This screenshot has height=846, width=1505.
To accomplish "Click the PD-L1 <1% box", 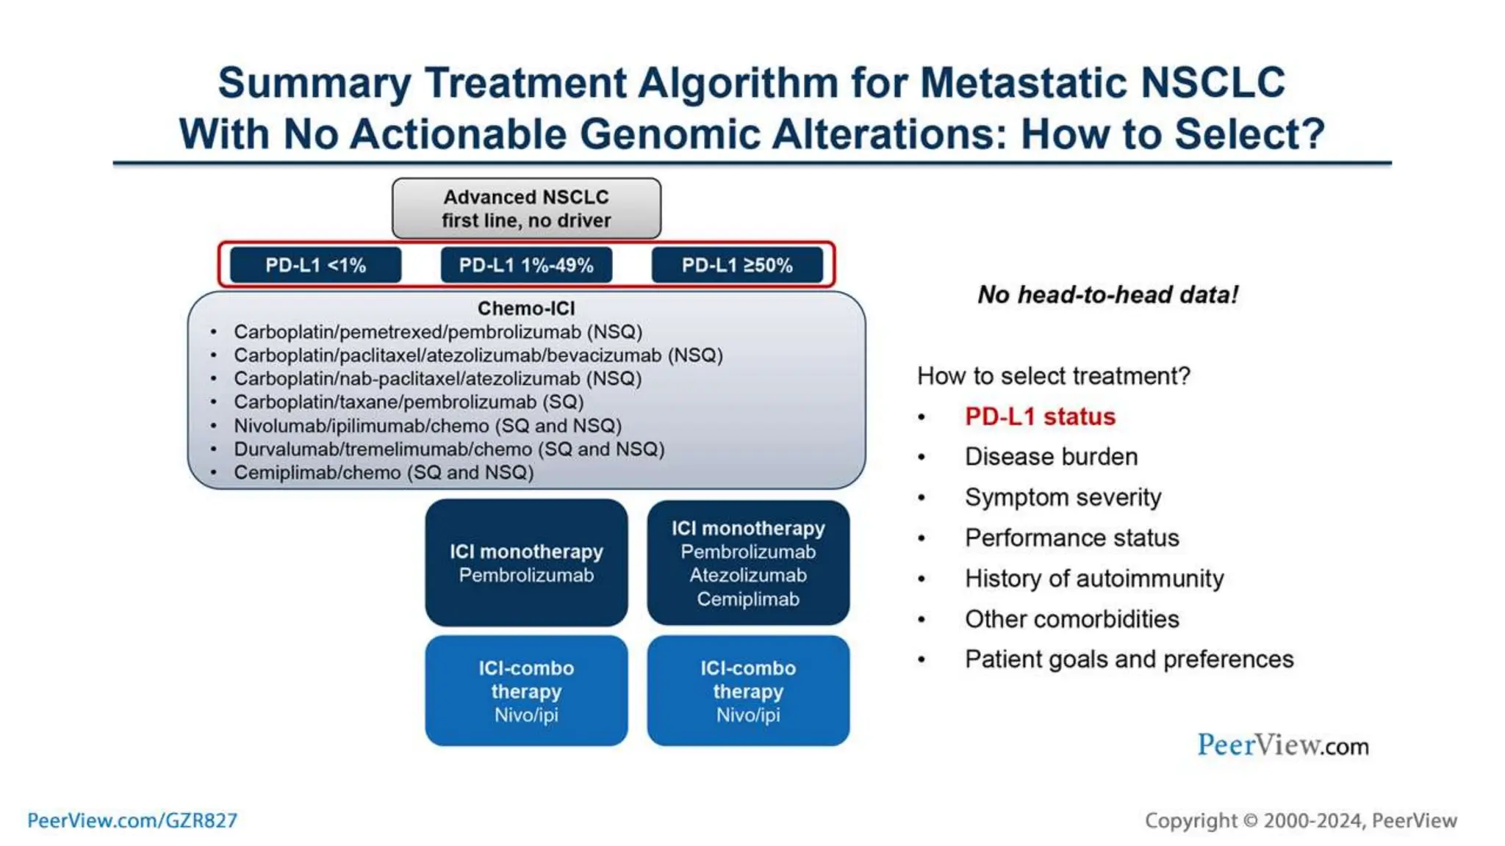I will [315, 265].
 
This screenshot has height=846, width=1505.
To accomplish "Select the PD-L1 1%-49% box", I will [526, 265].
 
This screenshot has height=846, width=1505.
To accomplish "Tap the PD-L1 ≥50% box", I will [737, 265].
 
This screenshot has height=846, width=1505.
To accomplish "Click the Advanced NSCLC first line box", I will [526, 209].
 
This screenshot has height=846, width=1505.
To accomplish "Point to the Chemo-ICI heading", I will [526, 308].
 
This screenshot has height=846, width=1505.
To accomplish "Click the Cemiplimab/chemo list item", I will [384, 472].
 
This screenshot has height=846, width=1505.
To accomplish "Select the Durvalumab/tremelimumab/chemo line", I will [449, 449].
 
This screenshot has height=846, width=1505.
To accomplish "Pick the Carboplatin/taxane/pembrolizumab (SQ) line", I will [409, 402].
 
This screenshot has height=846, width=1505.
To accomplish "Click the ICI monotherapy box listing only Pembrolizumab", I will [526, 563].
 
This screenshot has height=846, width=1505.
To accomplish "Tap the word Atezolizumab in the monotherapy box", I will [748, 575].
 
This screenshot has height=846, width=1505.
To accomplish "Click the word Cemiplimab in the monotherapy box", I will [748, 599].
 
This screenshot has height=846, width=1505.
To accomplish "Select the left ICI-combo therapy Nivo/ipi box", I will [526, 691].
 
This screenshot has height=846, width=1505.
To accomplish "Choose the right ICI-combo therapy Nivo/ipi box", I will [748, 691].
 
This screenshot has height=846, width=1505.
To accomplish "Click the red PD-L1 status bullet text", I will [1040, 416].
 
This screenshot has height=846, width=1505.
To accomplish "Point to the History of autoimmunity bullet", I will [1094, 579].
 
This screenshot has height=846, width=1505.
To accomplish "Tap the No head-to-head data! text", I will [1107, 294].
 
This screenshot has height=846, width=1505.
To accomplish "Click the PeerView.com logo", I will [1282, 745].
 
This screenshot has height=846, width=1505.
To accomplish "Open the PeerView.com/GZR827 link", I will [132, 820].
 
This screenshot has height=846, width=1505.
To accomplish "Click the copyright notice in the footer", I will [1300, 820].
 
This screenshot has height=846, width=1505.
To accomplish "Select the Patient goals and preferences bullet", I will [1129, 659].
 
